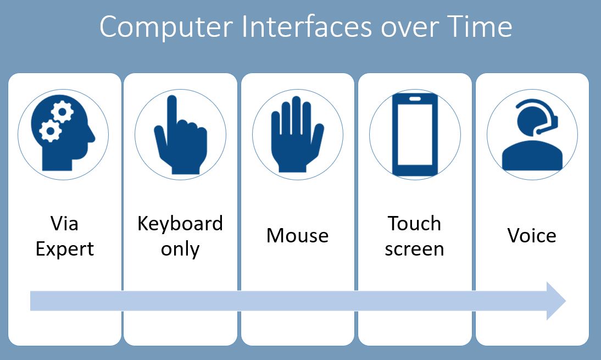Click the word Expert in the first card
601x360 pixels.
pos(65,248)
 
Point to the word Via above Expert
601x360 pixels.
pos(65,224)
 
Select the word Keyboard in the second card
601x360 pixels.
pos(180,224)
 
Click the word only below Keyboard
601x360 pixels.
pos(180,248)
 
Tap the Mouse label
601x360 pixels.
pos(297,236)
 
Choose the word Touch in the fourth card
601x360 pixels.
pos(414,224)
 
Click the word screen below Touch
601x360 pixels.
pos(414,248)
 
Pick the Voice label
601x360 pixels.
pos(531,236)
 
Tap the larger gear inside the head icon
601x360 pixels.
pos(49,131)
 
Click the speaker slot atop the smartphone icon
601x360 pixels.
pos(414,99)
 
